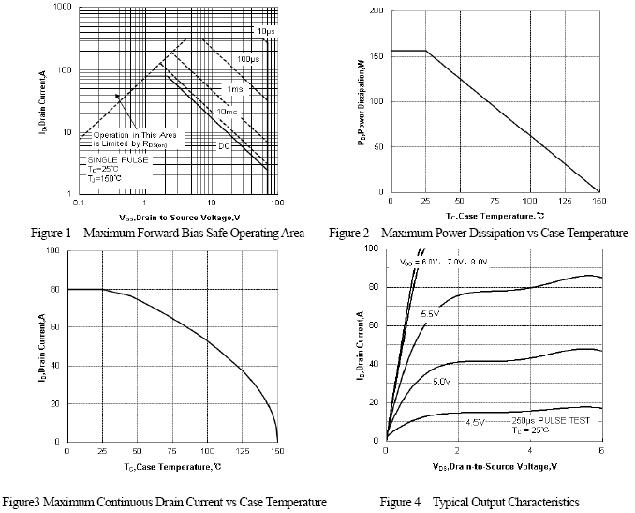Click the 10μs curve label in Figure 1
click(265, 32)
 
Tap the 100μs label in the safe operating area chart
click(248, 59)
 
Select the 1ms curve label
click(235, 89)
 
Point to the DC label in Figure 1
click(225, 145)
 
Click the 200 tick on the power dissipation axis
click(376, 10)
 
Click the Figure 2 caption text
click(478, 233)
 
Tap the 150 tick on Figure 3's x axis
click(277, 452)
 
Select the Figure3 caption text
click(164, 503)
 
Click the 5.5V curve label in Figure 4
click(431, 313)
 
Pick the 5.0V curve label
click(441, 382)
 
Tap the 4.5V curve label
click(475, 422)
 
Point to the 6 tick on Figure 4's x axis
click(600, 451)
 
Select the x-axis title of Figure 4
click(494, 466)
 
